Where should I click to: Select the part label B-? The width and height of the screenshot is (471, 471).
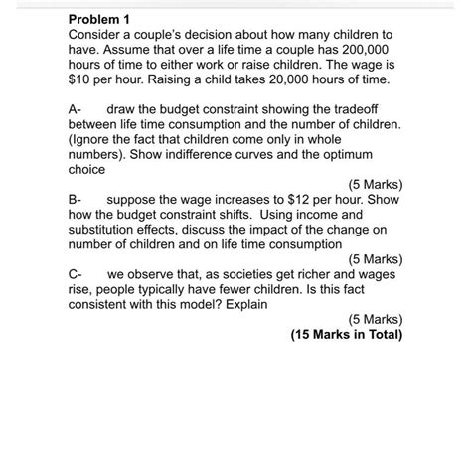pos(78,199)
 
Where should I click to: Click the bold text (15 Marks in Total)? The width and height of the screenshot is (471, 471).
pos(347,335)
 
